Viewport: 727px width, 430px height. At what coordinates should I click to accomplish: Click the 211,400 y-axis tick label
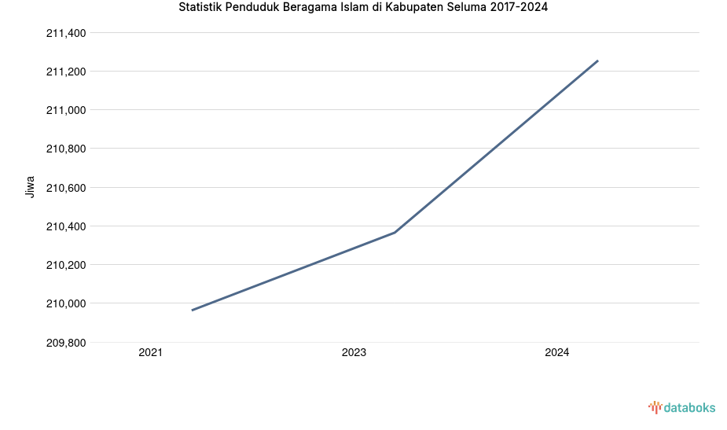coord(66,33)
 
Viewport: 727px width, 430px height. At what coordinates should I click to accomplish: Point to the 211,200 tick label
coord(66,72)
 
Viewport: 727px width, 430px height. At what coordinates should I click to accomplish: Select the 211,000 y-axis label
coord(66,110)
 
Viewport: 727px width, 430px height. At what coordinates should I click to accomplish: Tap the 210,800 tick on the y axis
coord(66,149)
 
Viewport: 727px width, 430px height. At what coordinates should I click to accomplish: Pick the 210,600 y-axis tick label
coord(66,188)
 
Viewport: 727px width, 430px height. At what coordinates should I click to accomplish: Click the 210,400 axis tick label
coord(66,226)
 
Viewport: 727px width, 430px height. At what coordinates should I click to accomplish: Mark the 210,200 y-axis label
coord(66,265)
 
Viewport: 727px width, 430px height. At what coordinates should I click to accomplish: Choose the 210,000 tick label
coord(66,303)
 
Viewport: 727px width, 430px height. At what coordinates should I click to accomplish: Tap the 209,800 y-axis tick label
coord(66,343)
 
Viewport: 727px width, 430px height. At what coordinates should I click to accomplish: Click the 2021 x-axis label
coord(150,353)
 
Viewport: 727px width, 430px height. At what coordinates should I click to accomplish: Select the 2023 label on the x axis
coord(354,353)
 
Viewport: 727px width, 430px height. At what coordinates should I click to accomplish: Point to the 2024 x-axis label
coord(557,353)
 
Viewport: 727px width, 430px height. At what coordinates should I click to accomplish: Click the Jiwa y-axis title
coord(31,187)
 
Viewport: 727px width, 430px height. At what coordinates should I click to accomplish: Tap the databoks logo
coord(681,407)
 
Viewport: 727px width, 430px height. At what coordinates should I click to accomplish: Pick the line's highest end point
coord(597,61)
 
